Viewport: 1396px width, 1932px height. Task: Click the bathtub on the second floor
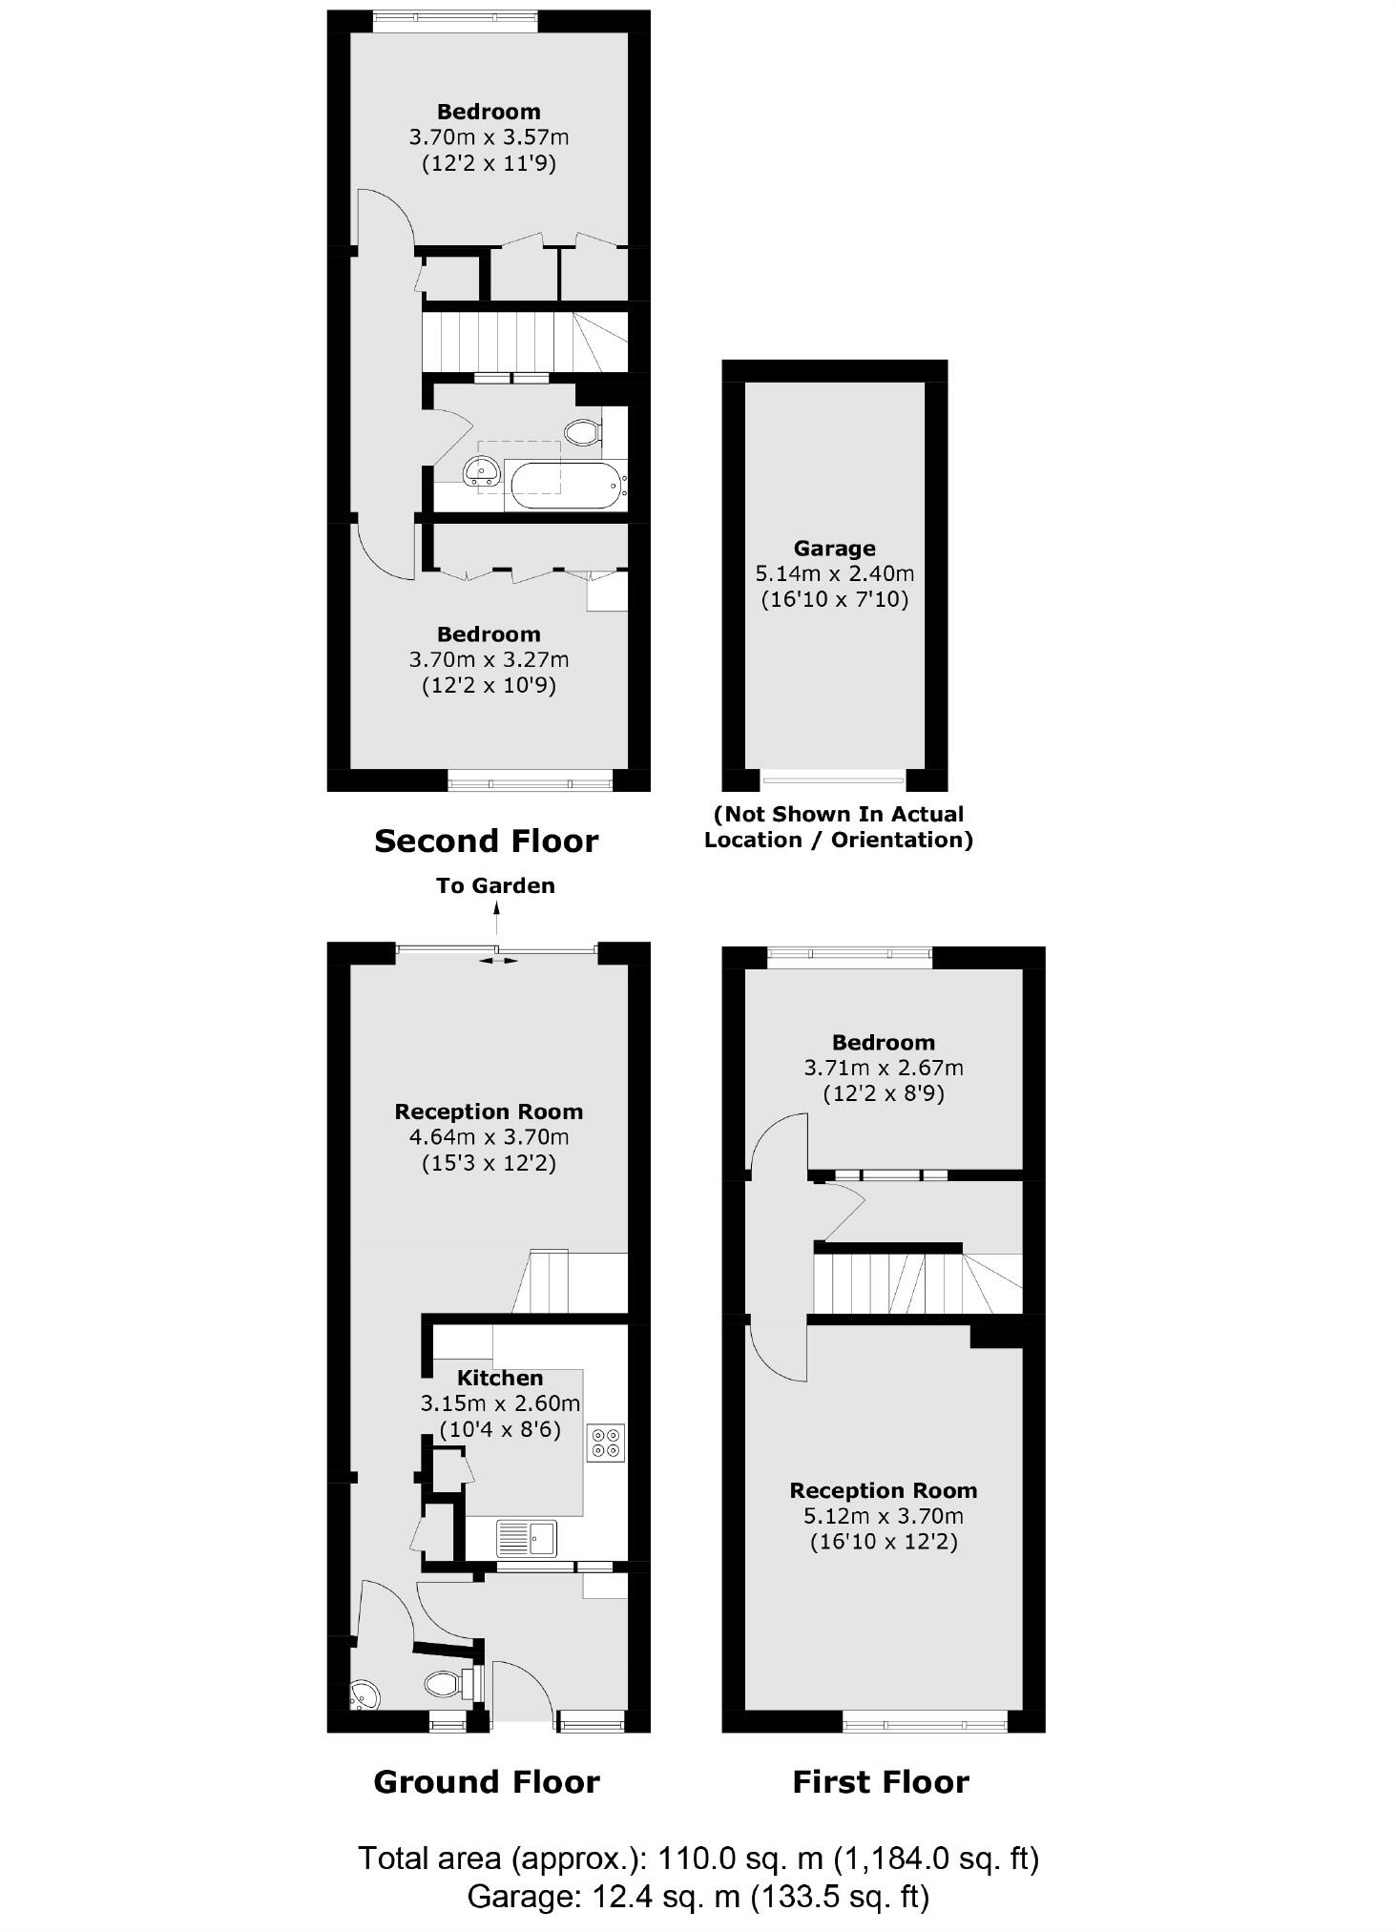567,485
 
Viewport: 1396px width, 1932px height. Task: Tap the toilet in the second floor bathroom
583,432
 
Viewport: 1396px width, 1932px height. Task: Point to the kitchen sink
526,1537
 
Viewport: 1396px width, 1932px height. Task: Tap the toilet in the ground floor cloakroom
447,1684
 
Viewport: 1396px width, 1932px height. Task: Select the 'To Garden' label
495,885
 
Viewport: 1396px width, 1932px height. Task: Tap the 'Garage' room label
834,549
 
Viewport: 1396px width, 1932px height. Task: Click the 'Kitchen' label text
500,1378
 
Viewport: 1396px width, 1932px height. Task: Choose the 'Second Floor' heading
486,841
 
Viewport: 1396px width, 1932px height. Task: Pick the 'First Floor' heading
881,1782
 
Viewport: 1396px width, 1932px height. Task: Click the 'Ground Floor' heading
487,1782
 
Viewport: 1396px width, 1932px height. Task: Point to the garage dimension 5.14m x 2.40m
834,574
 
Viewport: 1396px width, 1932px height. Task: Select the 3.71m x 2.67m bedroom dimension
884,1068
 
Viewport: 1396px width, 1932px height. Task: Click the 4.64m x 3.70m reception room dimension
489,1136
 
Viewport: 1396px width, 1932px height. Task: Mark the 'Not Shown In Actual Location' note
839,826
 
